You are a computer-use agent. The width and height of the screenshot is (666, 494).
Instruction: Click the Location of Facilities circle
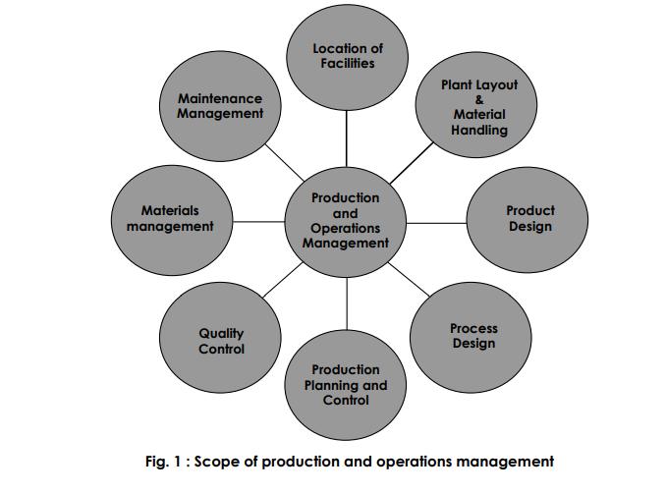tap(347, 57)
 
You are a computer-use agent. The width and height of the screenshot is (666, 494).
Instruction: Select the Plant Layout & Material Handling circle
tap(476, 105)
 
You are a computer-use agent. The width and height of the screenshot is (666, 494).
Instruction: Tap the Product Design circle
tap(527, 220)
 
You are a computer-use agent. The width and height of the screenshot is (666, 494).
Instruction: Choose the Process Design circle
tap(471, 337)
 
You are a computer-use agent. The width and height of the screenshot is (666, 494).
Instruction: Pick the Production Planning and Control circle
tap(346, 385)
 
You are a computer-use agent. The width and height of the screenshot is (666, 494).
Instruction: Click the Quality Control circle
tap(220, 337)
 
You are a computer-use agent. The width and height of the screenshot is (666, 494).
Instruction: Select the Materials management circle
tap(172, 220)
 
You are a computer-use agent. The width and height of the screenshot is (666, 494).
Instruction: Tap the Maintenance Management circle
tap(220, 106)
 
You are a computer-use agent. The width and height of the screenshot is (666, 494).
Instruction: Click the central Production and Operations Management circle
tap(346, 222)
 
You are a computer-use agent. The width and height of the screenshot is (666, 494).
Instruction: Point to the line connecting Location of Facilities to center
tap(347, 138)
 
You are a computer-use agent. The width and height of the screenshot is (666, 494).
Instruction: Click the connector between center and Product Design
tap(436, 223)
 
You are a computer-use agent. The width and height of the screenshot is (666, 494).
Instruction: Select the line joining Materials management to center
tap(258, 221)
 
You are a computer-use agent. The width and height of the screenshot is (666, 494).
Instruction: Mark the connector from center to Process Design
tap(409, 279)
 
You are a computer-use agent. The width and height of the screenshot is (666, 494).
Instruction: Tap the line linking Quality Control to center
tap(283, 280)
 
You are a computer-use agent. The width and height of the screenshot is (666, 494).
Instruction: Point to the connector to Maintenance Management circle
tap(285, 162)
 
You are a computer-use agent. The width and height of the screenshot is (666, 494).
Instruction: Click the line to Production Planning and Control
tap(347, 303)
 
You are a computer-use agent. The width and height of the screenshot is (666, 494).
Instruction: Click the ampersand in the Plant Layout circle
tap(479, 100)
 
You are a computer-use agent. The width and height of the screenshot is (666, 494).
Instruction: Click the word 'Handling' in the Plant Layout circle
tap(479, 130)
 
